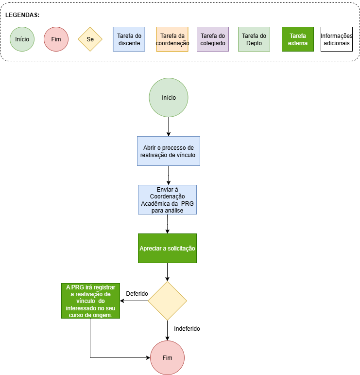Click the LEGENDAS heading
pyautogui.click(x=22, y=15)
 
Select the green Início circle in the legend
pyautogui.click(x=22, y=39)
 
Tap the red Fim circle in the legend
pyautogui.click(x=56, y=39)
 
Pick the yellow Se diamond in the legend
pyautogui.click(x=90, y=39)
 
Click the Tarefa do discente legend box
pyautogui.click(x=129, y=39)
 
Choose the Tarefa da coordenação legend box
pyautogui.click(x=172, y=39)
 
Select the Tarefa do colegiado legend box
pyautogui.click(x=213, y=39)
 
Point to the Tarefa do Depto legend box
pyautogui.click(x=254, y=39)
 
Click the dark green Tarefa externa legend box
pyautogui.click(x=298, y=39)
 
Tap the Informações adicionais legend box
pyautogui.click(x=337, y=39)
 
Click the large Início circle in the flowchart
pyautogui.click(x=169, y=98)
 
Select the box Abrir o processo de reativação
pyautogui.click(x=169, y=151)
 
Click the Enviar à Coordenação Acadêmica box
pyautogui.click(x=167, y=200)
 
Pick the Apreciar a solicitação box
pyautogui.click(x=167, y=249)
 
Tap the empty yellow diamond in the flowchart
pyautogui.click(x=167, y=301)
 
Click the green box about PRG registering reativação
pyautogui.click(x=90, y=301)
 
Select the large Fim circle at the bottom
pyautogui.click(x=167, y=358)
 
